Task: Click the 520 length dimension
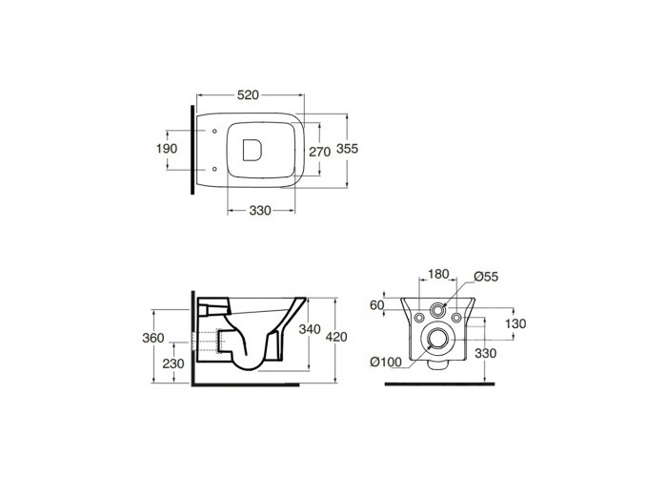(x=248, y=95)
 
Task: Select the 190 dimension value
(x=167, y=149)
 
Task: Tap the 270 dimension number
(x=319, y=152)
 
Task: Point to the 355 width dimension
(x=347, y=149)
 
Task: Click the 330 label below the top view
(x=260, y=211)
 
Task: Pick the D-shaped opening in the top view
(x=252, y=150)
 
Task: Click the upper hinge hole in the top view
(x=214, y=131)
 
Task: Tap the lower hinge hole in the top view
(x=214, y=169)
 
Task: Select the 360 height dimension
(x=153, y=338)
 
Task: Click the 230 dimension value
(x=173, y=363)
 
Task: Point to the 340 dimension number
(x=310, y=329)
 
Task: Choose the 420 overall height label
(x=336, y=337)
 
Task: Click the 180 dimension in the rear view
(x=438, y=274)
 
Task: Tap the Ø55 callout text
(x=486, y=277)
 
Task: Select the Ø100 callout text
(x=386, y=362)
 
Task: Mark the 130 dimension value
(x=515, y=323)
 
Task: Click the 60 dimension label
(x=377, y=305)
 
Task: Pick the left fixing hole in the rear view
(x=419, y=318)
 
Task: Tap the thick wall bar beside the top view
(x=192, y=150)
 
